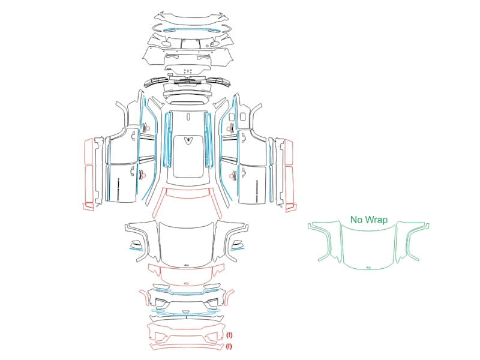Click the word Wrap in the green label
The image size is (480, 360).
click(377, 220)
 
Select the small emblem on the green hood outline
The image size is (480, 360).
click(368, 268)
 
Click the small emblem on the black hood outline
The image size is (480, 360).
click(187, 265)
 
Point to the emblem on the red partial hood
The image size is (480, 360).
click(187, 283)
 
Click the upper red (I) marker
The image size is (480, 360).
click(229, 335)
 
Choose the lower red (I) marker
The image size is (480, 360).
click(229, 347)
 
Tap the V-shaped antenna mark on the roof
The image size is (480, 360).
click(187, 140)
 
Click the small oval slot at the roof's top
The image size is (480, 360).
click(188, 116)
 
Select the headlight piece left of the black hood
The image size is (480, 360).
click(136, 245)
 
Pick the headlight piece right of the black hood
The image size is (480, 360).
click(237, 245)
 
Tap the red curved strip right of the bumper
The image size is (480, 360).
click(229, 298)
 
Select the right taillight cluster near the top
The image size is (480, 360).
click(218, 82)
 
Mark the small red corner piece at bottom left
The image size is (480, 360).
click(88, 207)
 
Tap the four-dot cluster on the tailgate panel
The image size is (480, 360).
click(187, 71)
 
